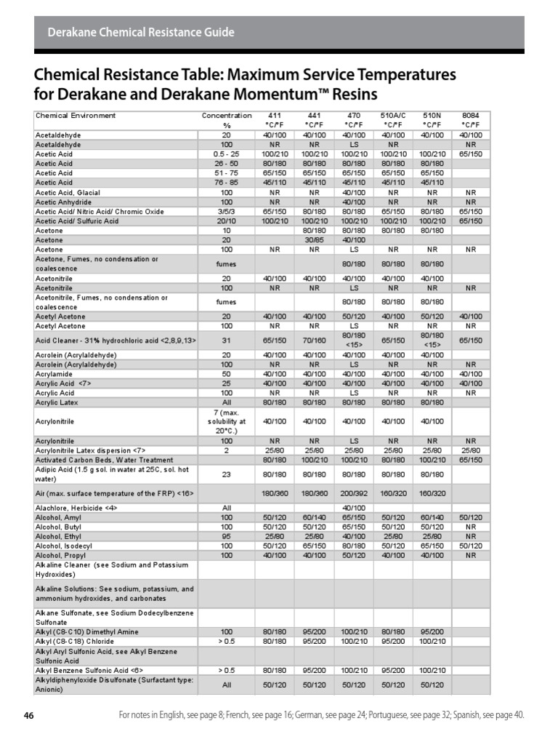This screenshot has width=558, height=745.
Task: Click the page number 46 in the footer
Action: [29, 715]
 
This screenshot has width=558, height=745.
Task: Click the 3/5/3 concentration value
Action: [227, 211]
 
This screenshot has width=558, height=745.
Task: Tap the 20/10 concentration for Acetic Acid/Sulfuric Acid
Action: [227, 220]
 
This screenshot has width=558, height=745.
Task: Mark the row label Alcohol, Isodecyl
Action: [64, 545]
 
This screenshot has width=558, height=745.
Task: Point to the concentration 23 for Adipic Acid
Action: [227, 474]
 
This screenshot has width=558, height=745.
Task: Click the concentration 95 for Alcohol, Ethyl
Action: [227, 535]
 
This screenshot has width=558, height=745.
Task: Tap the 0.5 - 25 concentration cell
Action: [227, 154]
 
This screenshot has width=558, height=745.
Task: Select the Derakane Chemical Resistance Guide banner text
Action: [141, 32]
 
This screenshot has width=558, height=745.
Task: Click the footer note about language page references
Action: [320, 715]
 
